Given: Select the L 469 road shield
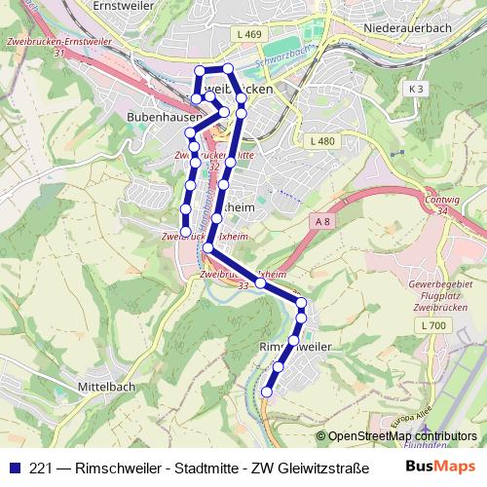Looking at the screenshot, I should coord(249,34).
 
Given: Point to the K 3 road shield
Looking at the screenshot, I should coord(417,89).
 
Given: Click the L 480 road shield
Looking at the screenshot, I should coord(320,141).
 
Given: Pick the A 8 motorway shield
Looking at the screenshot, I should coord(322,223).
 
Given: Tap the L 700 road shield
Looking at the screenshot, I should coord(433,324).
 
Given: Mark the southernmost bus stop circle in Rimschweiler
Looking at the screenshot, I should coord(267,392).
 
